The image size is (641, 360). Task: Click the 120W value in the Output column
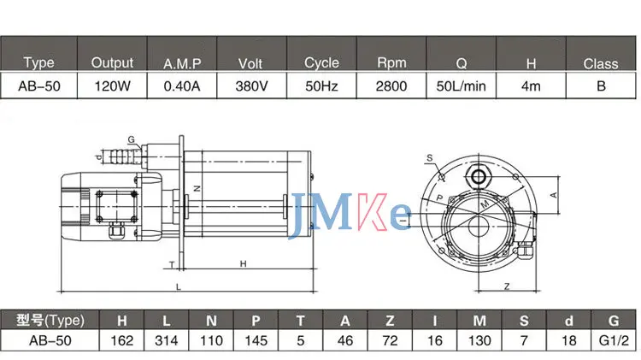[112, 86]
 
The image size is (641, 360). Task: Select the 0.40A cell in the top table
[182, 86]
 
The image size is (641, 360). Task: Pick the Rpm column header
[390, 62]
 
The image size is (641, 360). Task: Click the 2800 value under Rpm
[390, 86]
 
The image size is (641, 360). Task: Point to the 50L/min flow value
[462, 86]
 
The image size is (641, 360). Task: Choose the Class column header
[601, 62]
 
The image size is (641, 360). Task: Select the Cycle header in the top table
[321, 62]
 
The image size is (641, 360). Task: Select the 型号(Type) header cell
[51, 320]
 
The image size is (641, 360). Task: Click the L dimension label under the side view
[177, 285]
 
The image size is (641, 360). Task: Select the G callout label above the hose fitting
[131, 139]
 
